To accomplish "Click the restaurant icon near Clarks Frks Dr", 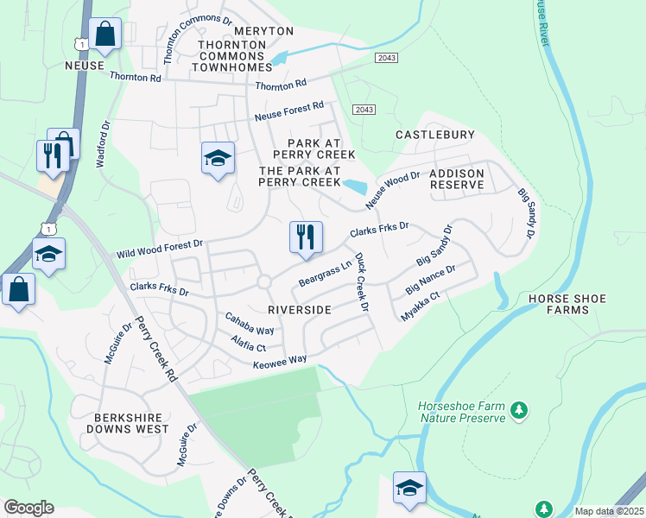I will pos(305,237).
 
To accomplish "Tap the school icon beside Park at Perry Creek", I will pos(218,158).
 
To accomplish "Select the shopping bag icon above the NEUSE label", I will pos(104,35).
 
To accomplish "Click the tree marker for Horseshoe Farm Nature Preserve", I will pos(519,409).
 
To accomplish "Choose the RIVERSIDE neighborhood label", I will pos(300,309).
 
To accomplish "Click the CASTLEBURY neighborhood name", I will pos(435,135).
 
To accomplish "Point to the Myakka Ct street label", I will pos(421,307).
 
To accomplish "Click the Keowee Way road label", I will pos(280,363).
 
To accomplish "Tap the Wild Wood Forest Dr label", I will pos(160,250).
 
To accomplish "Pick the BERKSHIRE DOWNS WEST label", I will pos(129,422).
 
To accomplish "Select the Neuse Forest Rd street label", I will pos(288,111).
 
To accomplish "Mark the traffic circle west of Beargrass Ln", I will pos(263,281).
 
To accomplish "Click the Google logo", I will pos(28,508).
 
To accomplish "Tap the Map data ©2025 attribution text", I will pos(608,511).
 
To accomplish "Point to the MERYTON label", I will pos(263,31).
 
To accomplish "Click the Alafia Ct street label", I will pos(249,346).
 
